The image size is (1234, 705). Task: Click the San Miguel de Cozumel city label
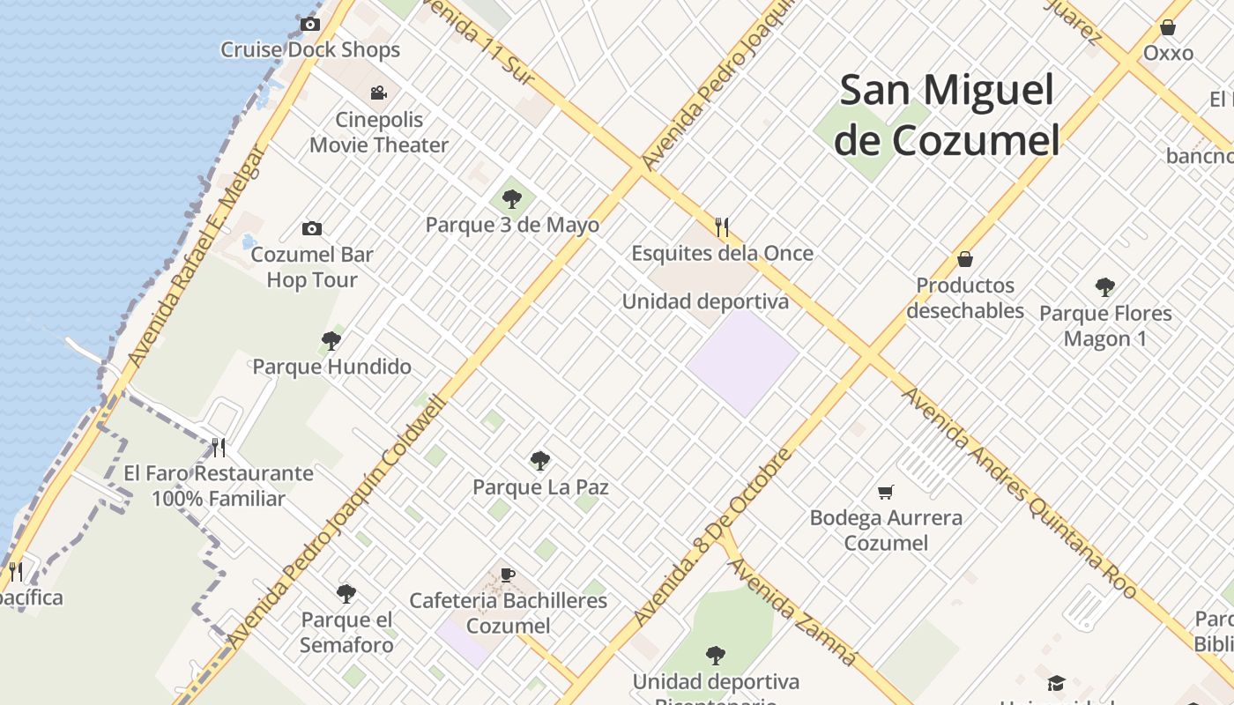point(947,115)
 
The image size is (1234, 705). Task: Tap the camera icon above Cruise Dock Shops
point(310,24)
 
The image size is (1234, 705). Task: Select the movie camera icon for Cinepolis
point(378,93)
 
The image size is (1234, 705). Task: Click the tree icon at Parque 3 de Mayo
point(512,198)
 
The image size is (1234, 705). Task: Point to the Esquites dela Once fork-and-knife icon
point(722,227)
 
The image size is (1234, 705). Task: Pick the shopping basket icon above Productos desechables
point(965,259)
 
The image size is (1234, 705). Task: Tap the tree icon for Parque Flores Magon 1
point(1104,287)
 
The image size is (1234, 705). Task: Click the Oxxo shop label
point(1168,53)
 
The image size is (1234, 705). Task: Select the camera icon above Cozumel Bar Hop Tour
point(312,229)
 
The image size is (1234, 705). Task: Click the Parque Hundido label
point(332,367)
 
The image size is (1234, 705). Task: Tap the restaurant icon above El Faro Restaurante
point(219,448)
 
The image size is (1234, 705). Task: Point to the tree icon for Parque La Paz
point(540,461)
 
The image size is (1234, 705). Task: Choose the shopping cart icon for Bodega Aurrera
point(886,492)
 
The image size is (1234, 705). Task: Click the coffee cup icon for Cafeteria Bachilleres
point(508,575)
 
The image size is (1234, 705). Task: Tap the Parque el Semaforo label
point(346,632)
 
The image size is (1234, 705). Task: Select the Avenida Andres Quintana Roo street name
point(1019,494)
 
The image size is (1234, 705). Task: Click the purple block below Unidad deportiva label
point(743,362)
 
